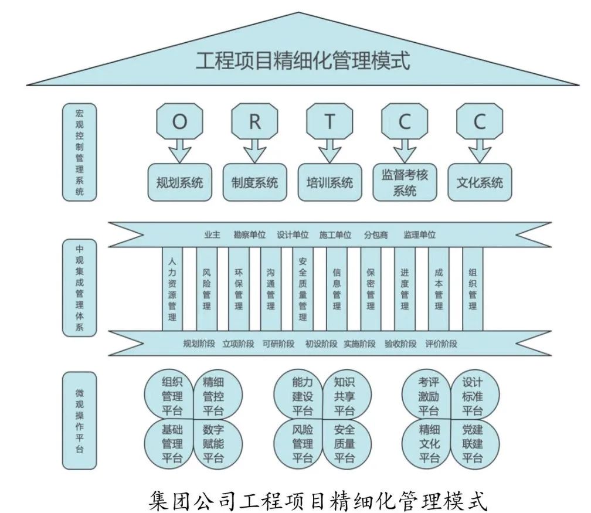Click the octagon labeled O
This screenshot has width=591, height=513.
(x=179, y=122)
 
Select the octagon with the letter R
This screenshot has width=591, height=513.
(x=254, y=122)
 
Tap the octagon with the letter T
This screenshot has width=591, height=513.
(x=330, y=122)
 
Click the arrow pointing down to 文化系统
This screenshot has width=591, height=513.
(x=480, y=151)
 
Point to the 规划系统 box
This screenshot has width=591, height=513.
(x=179, y=182)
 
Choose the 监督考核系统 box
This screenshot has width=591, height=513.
(x=405, y=182)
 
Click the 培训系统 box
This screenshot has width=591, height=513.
(x=330, y=182)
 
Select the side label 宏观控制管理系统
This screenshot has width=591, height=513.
(x=80, y=152)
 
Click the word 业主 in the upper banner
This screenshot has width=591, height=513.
(x=212, y=235)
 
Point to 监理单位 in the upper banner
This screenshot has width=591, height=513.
(x=419, y=235)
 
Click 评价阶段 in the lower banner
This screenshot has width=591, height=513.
(x=441, y=344)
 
